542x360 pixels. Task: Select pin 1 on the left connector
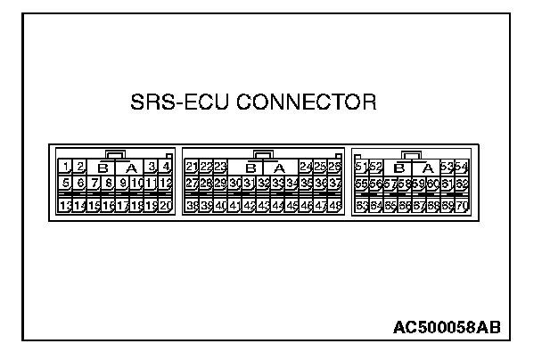click(x=66, y=167)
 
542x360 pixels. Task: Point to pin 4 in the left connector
click(x=166, y=167)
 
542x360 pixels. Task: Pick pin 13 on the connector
click(x=66, y=205)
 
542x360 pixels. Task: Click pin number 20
click(x=166, y=205)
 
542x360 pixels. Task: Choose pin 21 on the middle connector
click(x=192, y=167)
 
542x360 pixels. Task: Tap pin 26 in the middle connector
click(x=334, y=167)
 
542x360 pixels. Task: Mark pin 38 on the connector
click(x=192, y=205)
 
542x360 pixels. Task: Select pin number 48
click(x=334, y=205)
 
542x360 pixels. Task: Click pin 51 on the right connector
click(x=361, y=167)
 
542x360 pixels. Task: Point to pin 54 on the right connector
click(x=461, y=167)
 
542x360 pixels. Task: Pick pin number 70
click(x=461, y=205)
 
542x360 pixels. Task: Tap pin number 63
click(x=361, y=205)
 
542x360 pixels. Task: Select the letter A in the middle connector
click(x=278, y=168)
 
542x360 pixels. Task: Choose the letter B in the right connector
click(x=398, y=168)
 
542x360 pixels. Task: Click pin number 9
click(x=123, y=184)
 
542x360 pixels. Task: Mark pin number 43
click(x=263, y=205)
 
